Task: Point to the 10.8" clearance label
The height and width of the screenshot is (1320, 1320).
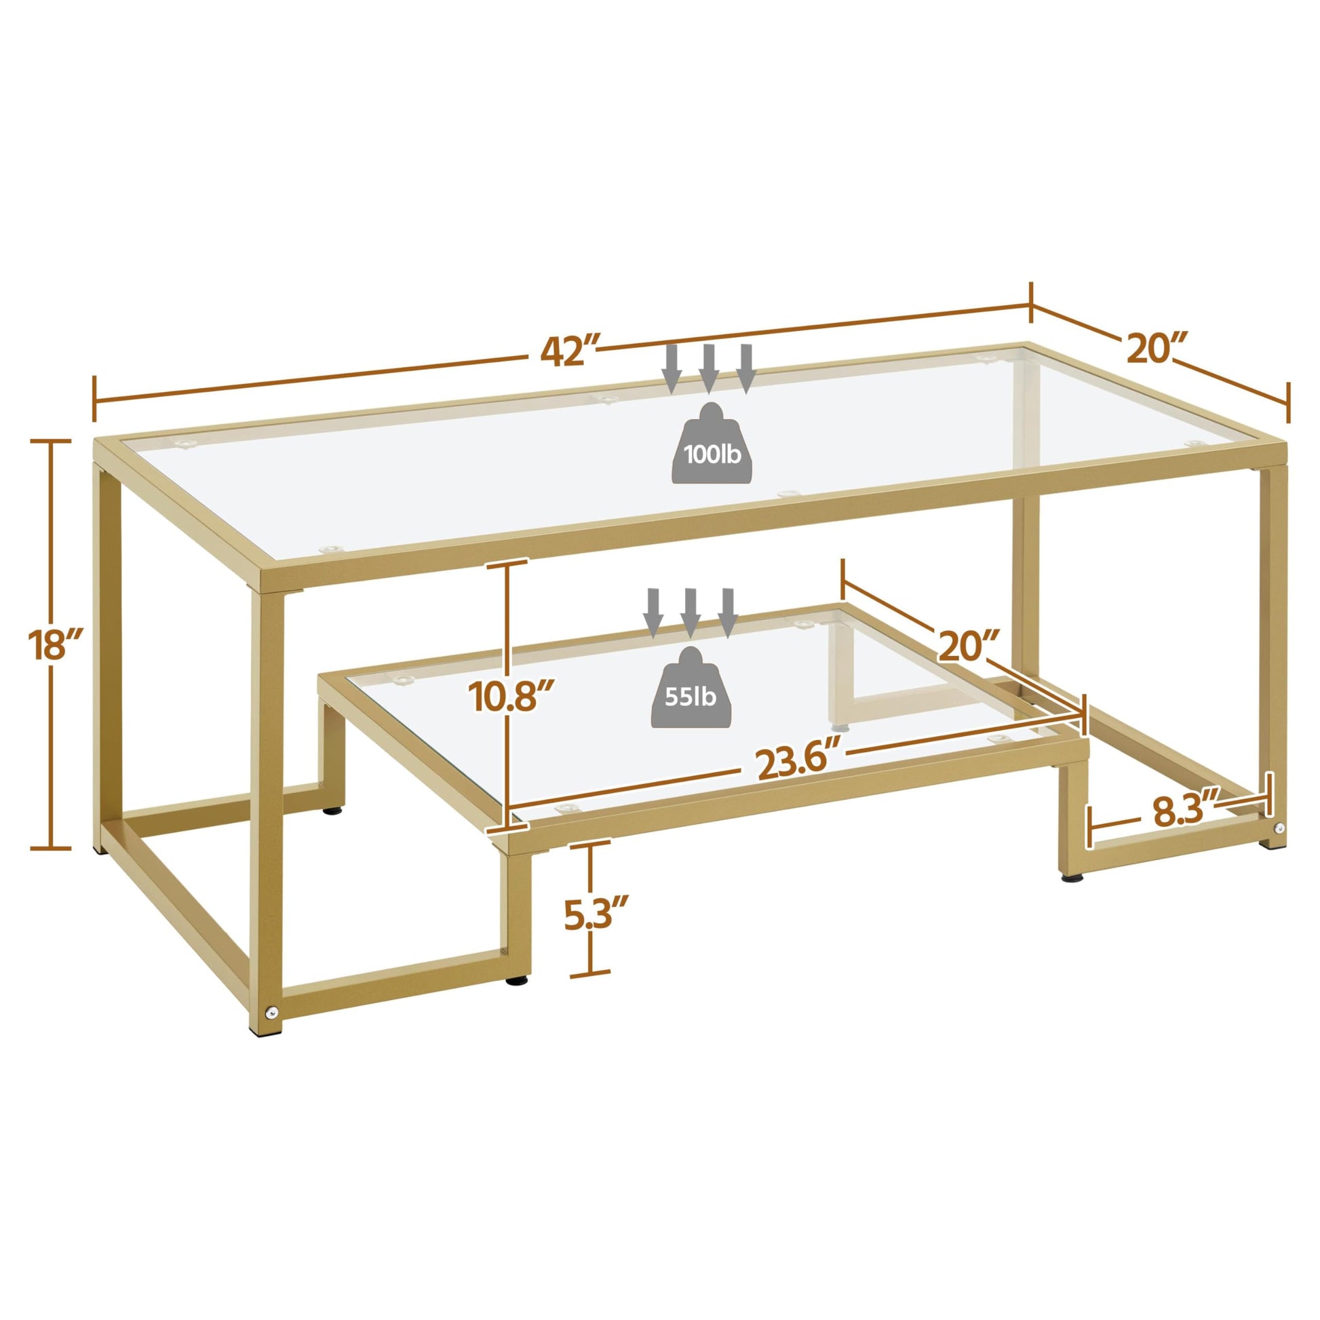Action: (x=509, y=696)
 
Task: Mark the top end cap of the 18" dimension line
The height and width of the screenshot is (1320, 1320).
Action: (x=51, y=442)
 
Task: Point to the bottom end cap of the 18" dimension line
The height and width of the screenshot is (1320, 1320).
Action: (x=51, y=849)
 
